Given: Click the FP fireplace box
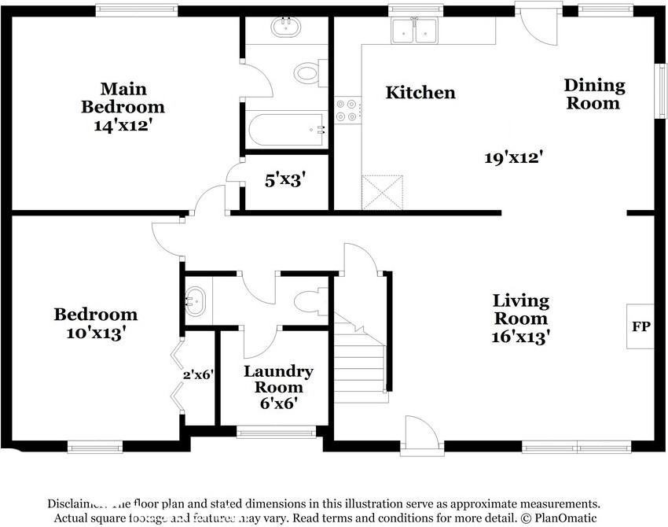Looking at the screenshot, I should tap(640, 326).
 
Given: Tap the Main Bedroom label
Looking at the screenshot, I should tap(123, 98).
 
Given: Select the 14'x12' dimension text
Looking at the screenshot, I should tap(123, 124).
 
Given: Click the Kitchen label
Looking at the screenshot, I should tap(420, 93).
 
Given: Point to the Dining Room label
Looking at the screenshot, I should tap(594, 94).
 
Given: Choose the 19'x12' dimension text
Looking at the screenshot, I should tap(514, 157).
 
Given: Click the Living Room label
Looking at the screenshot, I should tap(520, 309).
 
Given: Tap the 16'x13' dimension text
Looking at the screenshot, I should tap(520, 337).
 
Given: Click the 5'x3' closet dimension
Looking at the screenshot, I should tap(284, 179).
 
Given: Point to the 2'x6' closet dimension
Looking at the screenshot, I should tap(199, 375).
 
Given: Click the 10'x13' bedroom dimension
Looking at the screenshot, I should tap(95, 333).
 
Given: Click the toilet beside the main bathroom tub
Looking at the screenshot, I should tap(307, 74).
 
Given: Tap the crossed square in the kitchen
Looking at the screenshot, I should tap(381, 193).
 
